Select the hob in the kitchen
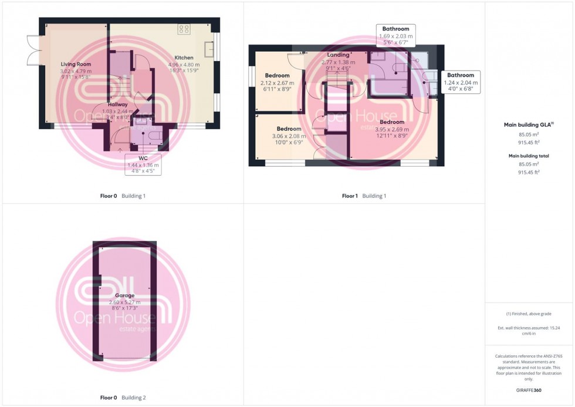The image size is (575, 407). tap(184, 28)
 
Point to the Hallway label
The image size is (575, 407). tap(117, 105)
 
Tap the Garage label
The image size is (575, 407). tap(124, 295)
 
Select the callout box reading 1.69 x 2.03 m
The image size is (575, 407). tap(396, 35)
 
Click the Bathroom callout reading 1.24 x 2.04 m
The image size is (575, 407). tap(461, 82)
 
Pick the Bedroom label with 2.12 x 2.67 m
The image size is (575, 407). tap(277, 76)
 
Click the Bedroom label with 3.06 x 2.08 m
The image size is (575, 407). tap(289, 129)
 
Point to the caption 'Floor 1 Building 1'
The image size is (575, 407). tap(364, 196)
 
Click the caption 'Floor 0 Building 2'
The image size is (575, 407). tap(123, 398)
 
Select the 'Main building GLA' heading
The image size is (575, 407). tap(529, 125)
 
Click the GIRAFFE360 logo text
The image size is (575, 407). tap(529, 390)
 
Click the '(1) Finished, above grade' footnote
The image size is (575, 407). tap(529, 314)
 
